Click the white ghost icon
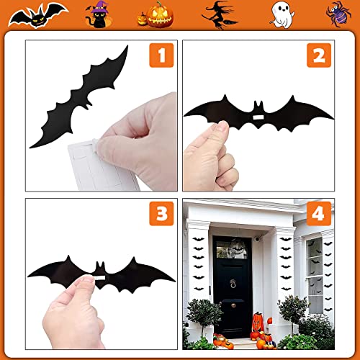point(280,13)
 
